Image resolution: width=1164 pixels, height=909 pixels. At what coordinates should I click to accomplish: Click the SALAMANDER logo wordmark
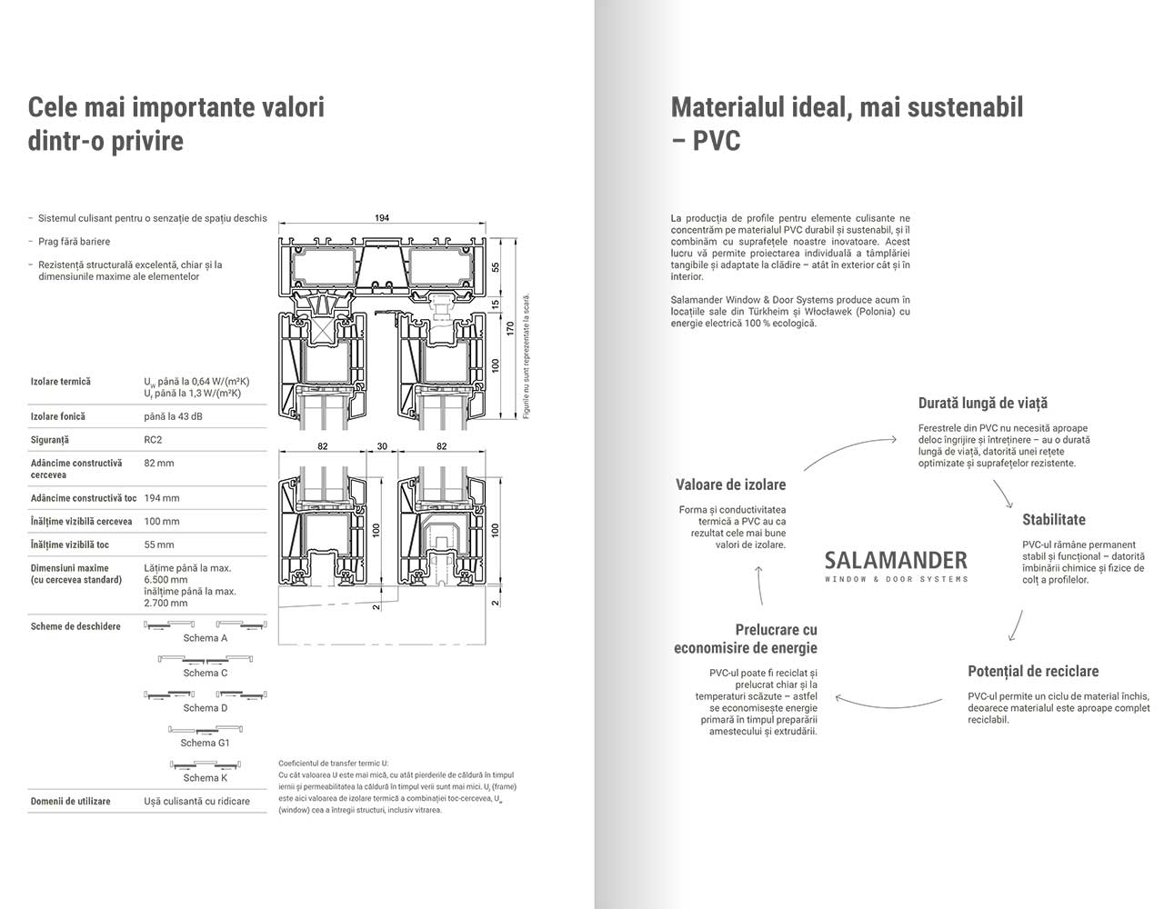[896, 560]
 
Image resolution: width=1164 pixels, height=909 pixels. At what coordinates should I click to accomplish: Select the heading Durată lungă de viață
[982, 403]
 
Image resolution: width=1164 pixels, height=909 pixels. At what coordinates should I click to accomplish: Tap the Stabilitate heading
[1053, 520]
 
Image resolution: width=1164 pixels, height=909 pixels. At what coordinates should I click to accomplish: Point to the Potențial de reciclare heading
[1033, 671]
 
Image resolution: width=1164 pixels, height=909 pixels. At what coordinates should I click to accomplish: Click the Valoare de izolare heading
[730, 484]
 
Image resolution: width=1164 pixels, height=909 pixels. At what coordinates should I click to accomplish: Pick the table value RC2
[153, 440]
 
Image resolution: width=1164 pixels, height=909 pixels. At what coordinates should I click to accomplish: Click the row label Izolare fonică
[57, 416]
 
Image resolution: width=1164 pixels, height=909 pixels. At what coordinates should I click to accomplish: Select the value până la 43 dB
[173, 416]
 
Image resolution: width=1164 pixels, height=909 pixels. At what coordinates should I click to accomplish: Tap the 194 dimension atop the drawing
[382, 218]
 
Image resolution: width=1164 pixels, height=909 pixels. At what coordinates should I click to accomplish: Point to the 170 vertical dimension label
[510, 328]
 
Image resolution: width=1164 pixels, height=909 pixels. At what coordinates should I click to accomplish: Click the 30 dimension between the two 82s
[382, 446]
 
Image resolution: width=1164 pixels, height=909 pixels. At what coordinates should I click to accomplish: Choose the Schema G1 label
[205, 743]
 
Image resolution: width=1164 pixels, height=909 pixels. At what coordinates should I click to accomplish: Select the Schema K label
[205, 778]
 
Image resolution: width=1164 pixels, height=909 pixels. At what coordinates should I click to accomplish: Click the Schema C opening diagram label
[205, 674]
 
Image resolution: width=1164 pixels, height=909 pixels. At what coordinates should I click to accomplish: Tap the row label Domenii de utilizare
[70, 801]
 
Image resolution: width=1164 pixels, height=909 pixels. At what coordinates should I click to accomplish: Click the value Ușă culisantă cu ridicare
[196, 801]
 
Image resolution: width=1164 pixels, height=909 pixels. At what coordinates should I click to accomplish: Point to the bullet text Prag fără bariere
[74, 242]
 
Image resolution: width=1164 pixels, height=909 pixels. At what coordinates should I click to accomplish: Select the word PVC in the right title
[717, 142]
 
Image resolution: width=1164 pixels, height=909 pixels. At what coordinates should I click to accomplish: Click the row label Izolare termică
[60, 382]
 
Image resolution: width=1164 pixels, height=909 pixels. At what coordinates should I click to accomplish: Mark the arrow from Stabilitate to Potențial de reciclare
[1015, 625]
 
